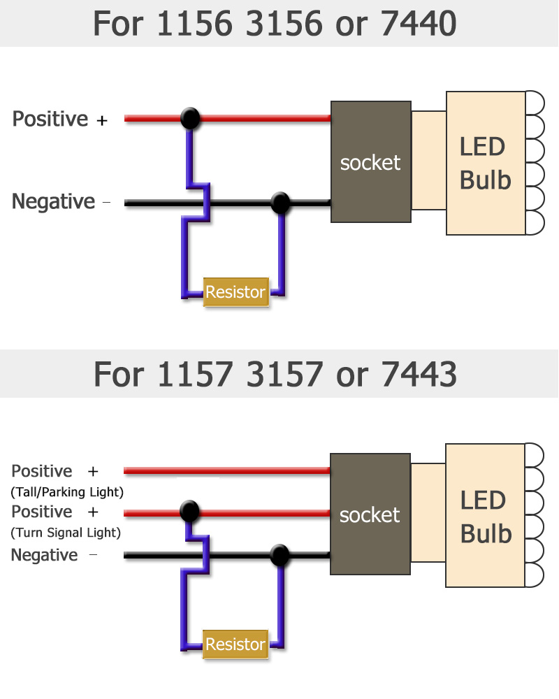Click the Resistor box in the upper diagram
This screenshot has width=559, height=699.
pos(235,291)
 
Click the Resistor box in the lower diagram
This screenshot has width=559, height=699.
pos(235,644)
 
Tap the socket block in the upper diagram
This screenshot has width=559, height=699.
pos(370,162)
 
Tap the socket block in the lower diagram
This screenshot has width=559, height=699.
pos(370,514)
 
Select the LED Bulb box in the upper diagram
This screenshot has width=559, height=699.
pos(486,163)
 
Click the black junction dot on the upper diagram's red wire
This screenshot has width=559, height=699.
pos(190,118)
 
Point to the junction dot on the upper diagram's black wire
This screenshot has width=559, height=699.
pos(280,203)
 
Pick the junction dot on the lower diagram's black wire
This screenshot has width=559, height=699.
pos(280,556)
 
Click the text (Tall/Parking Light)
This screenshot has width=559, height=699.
pos(67,492)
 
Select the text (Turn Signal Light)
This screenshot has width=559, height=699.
pos(66,533)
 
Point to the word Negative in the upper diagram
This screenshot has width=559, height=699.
pos(53,201)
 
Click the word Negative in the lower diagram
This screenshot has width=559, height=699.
pos(44,555)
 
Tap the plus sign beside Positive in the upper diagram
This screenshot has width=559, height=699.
pos(102,120)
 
